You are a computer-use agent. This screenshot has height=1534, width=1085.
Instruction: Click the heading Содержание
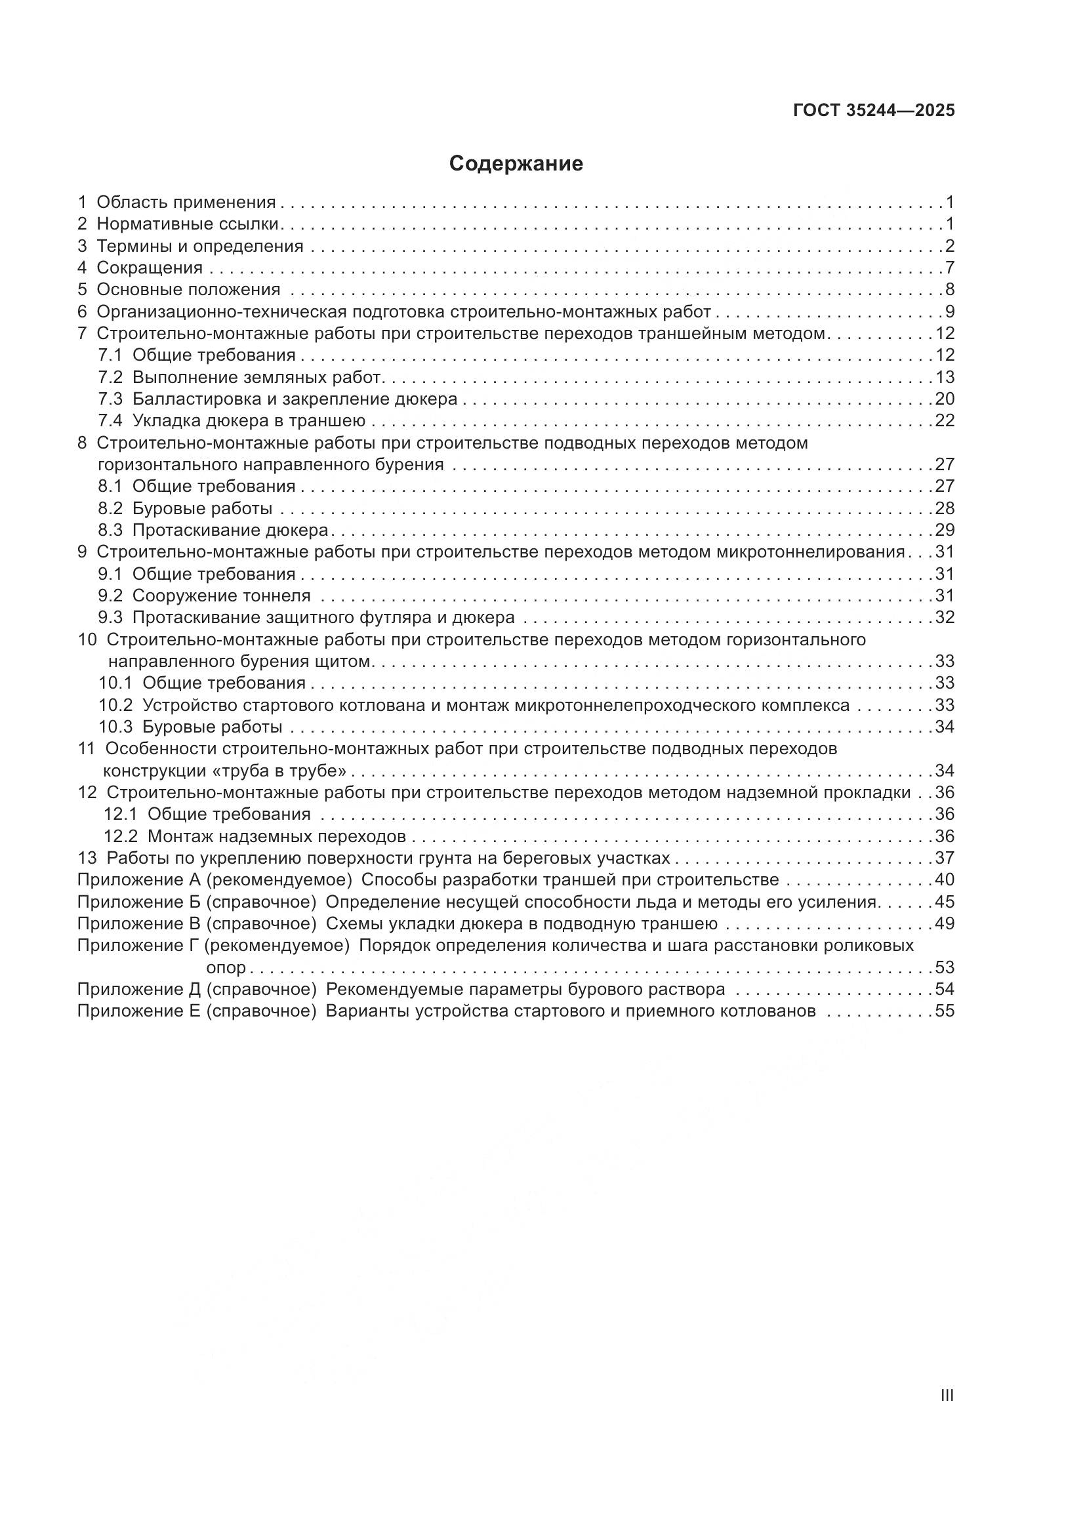point(516,164)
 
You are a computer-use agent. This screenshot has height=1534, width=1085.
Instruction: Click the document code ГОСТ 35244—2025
point(874,111)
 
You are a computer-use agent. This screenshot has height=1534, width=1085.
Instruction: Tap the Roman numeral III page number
point(946,1396)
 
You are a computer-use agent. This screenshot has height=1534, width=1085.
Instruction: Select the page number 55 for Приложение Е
point(945,1011)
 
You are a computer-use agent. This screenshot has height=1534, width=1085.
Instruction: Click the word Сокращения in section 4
point(150,268)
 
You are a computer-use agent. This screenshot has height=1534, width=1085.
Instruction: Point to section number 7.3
point(111,399)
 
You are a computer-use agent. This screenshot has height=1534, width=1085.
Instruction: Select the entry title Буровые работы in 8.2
point(203,508)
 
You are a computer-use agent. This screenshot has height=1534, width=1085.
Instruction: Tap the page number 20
point(945,399)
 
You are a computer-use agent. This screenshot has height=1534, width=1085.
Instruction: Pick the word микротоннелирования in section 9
point(810,552)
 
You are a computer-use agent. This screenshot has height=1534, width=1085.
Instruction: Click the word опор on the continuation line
point(226,967)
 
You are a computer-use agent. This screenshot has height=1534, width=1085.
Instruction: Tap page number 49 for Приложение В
point(945,924)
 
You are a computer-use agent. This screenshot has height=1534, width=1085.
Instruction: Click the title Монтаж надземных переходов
point(277,836)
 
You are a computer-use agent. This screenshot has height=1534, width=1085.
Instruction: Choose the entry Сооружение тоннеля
point(221,596)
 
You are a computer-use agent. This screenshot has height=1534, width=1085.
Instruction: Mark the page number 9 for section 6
point(949,312)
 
